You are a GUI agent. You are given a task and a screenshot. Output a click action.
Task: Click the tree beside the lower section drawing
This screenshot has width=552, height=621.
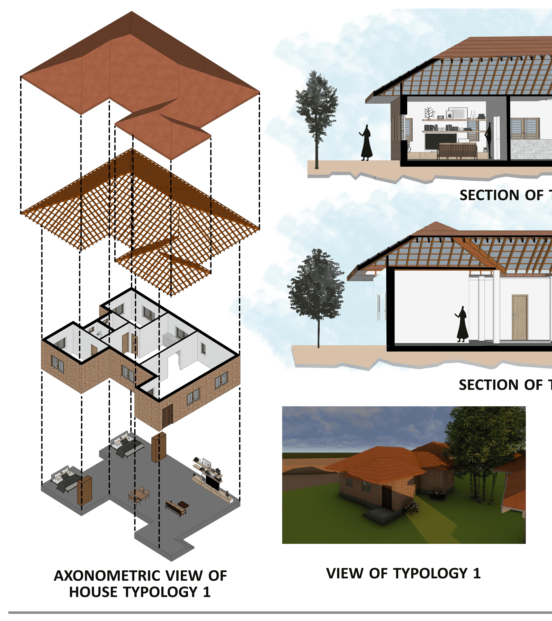[x=317, y=289]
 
